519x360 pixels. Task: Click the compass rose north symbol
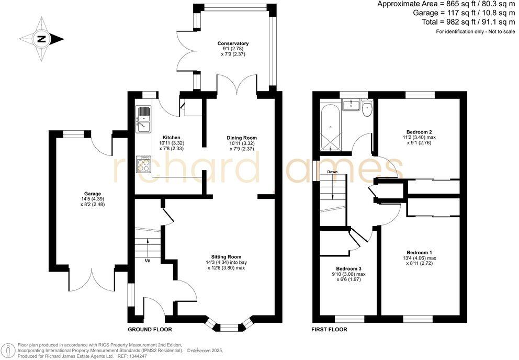pos(41,39)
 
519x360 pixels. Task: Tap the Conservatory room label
pos(233,43)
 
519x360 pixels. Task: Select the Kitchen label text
pos(172,138)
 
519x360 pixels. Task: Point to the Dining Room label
pos(242,138)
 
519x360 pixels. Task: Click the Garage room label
pos(93,194)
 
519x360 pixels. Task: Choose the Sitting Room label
pos(227,257)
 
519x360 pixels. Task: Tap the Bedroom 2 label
pos(419,132)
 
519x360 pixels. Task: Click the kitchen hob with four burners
pos(144,164)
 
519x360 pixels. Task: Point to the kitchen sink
pos(143,120)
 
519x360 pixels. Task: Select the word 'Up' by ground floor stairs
pos(148,261)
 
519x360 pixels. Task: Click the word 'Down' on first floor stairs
pos(332,172)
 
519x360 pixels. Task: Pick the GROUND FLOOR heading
pos(150,330)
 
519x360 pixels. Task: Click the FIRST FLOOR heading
pos(329,330)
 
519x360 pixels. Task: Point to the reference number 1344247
pos(138,356)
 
